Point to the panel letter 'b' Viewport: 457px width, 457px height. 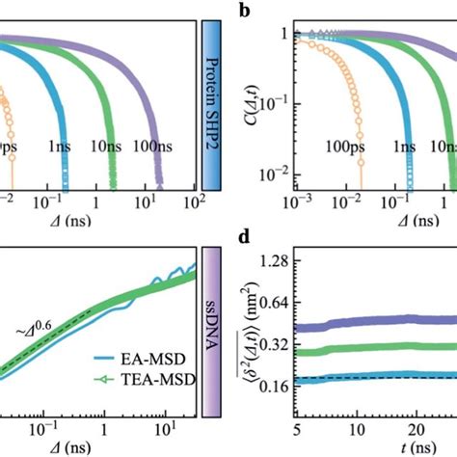[x=243, y=13]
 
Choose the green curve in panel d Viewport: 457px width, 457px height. [x=386, y=349]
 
